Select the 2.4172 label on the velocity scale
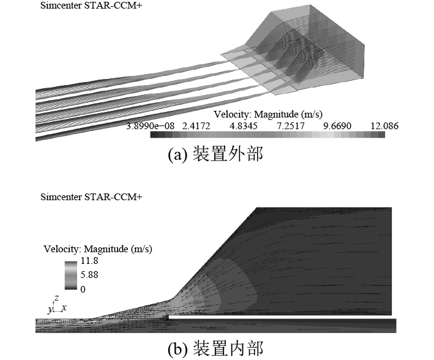(x=196, y=127)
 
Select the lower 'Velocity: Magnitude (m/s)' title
(x=98, y=249)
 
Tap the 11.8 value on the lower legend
(x=89, y=262)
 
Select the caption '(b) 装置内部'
(x=215, y=349)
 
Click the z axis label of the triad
(x=56, y=298)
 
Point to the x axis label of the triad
(x=64, y=306)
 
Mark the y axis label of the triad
(x=50, y=310)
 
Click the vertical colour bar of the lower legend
(x=71, y=275)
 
